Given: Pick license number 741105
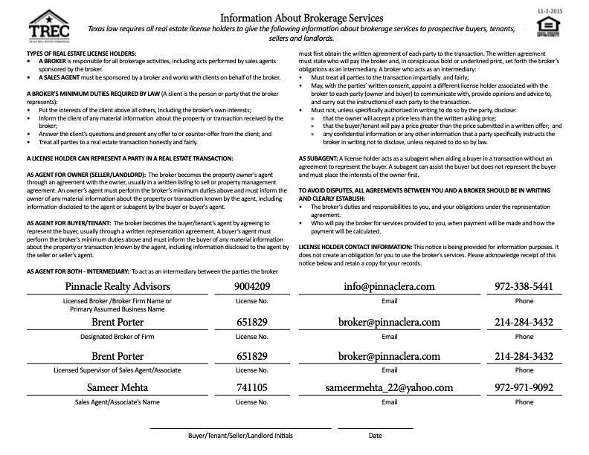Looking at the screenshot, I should point(251,387).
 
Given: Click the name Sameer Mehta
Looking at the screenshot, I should point(118,387).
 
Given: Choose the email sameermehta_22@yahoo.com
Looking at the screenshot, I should point(389,387).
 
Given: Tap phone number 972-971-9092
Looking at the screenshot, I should point(524,387).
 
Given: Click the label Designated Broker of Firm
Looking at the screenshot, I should point(118,337).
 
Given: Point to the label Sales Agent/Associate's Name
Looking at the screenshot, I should point(118,402).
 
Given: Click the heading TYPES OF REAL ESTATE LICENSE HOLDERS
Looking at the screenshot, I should point(81,55).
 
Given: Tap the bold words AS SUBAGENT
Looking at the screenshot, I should point(318,158).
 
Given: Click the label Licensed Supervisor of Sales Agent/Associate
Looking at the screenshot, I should point(118,370).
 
